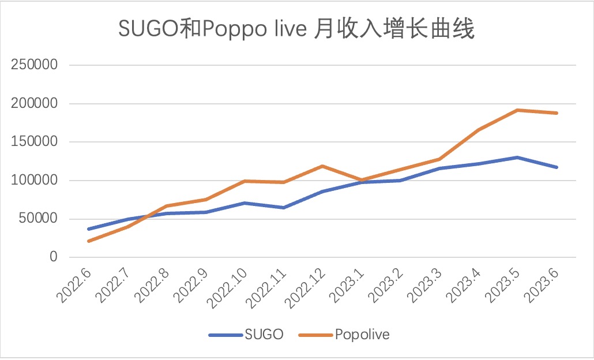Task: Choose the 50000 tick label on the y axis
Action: point(38,219)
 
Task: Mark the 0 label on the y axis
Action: point(54,257)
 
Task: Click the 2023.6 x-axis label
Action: point(542,286)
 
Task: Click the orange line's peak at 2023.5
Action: point(517,110)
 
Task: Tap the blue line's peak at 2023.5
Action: point(517,157)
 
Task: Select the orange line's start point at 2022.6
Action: point(88,241)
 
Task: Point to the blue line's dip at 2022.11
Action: point(283,208)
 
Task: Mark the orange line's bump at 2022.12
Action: point(322,166)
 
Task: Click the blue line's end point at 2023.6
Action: point(557,167)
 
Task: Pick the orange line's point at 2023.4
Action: point(478,130)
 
